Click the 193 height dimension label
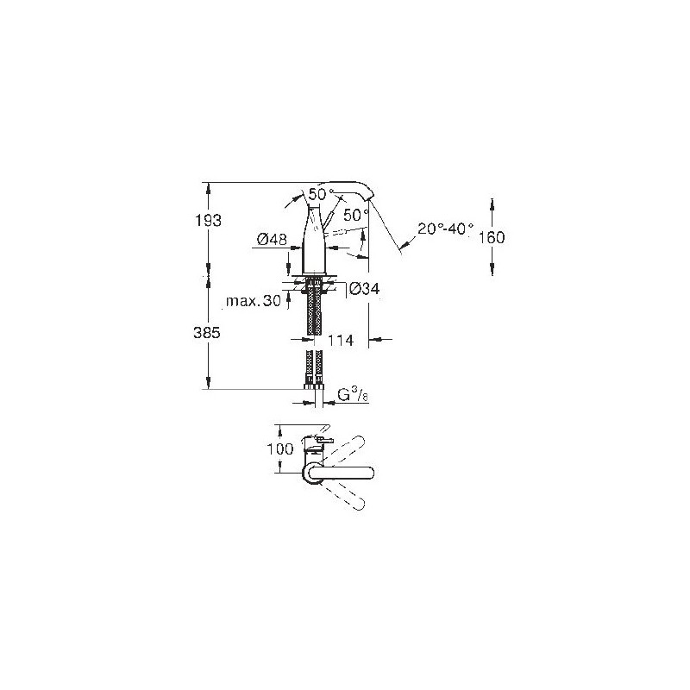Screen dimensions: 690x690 209,221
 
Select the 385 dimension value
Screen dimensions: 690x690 207,333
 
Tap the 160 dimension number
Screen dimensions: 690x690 491,238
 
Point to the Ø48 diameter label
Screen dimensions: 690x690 272,240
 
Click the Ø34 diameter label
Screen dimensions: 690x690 365,289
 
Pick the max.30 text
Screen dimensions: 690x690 253,301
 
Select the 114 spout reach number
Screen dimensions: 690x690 341,340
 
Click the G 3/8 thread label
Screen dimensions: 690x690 353,395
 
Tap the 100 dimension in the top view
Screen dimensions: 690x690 280,449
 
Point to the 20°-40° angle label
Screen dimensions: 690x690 446,229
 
